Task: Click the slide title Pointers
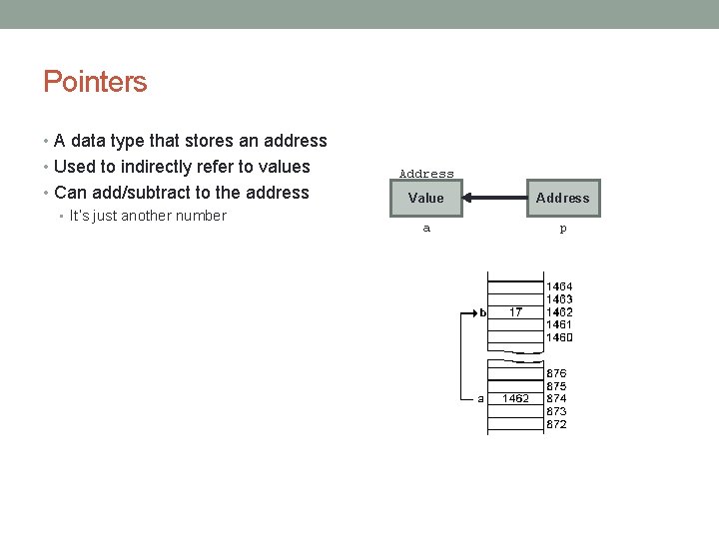[x=95, y=82]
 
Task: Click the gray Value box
[x=426, y=198]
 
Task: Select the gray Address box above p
[x=562, y=198]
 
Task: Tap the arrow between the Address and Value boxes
[x=494, y=198]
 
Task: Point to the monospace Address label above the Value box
[x=426, y=174]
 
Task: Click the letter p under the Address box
[x=562, y=229]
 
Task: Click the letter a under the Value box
[x=426, y=229]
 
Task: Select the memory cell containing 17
[x=515, y=312]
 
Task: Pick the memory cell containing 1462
[x=515, y=398]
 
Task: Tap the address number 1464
[x=558, y=286]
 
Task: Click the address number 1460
[x=558, y=337]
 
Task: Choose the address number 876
[x=555, y=373]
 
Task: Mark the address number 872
[x=555, y=424]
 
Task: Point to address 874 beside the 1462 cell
[x=555, y=398]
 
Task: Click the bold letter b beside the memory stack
[x=482, y=312]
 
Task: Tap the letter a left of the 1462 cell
[x=480, y=398]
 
